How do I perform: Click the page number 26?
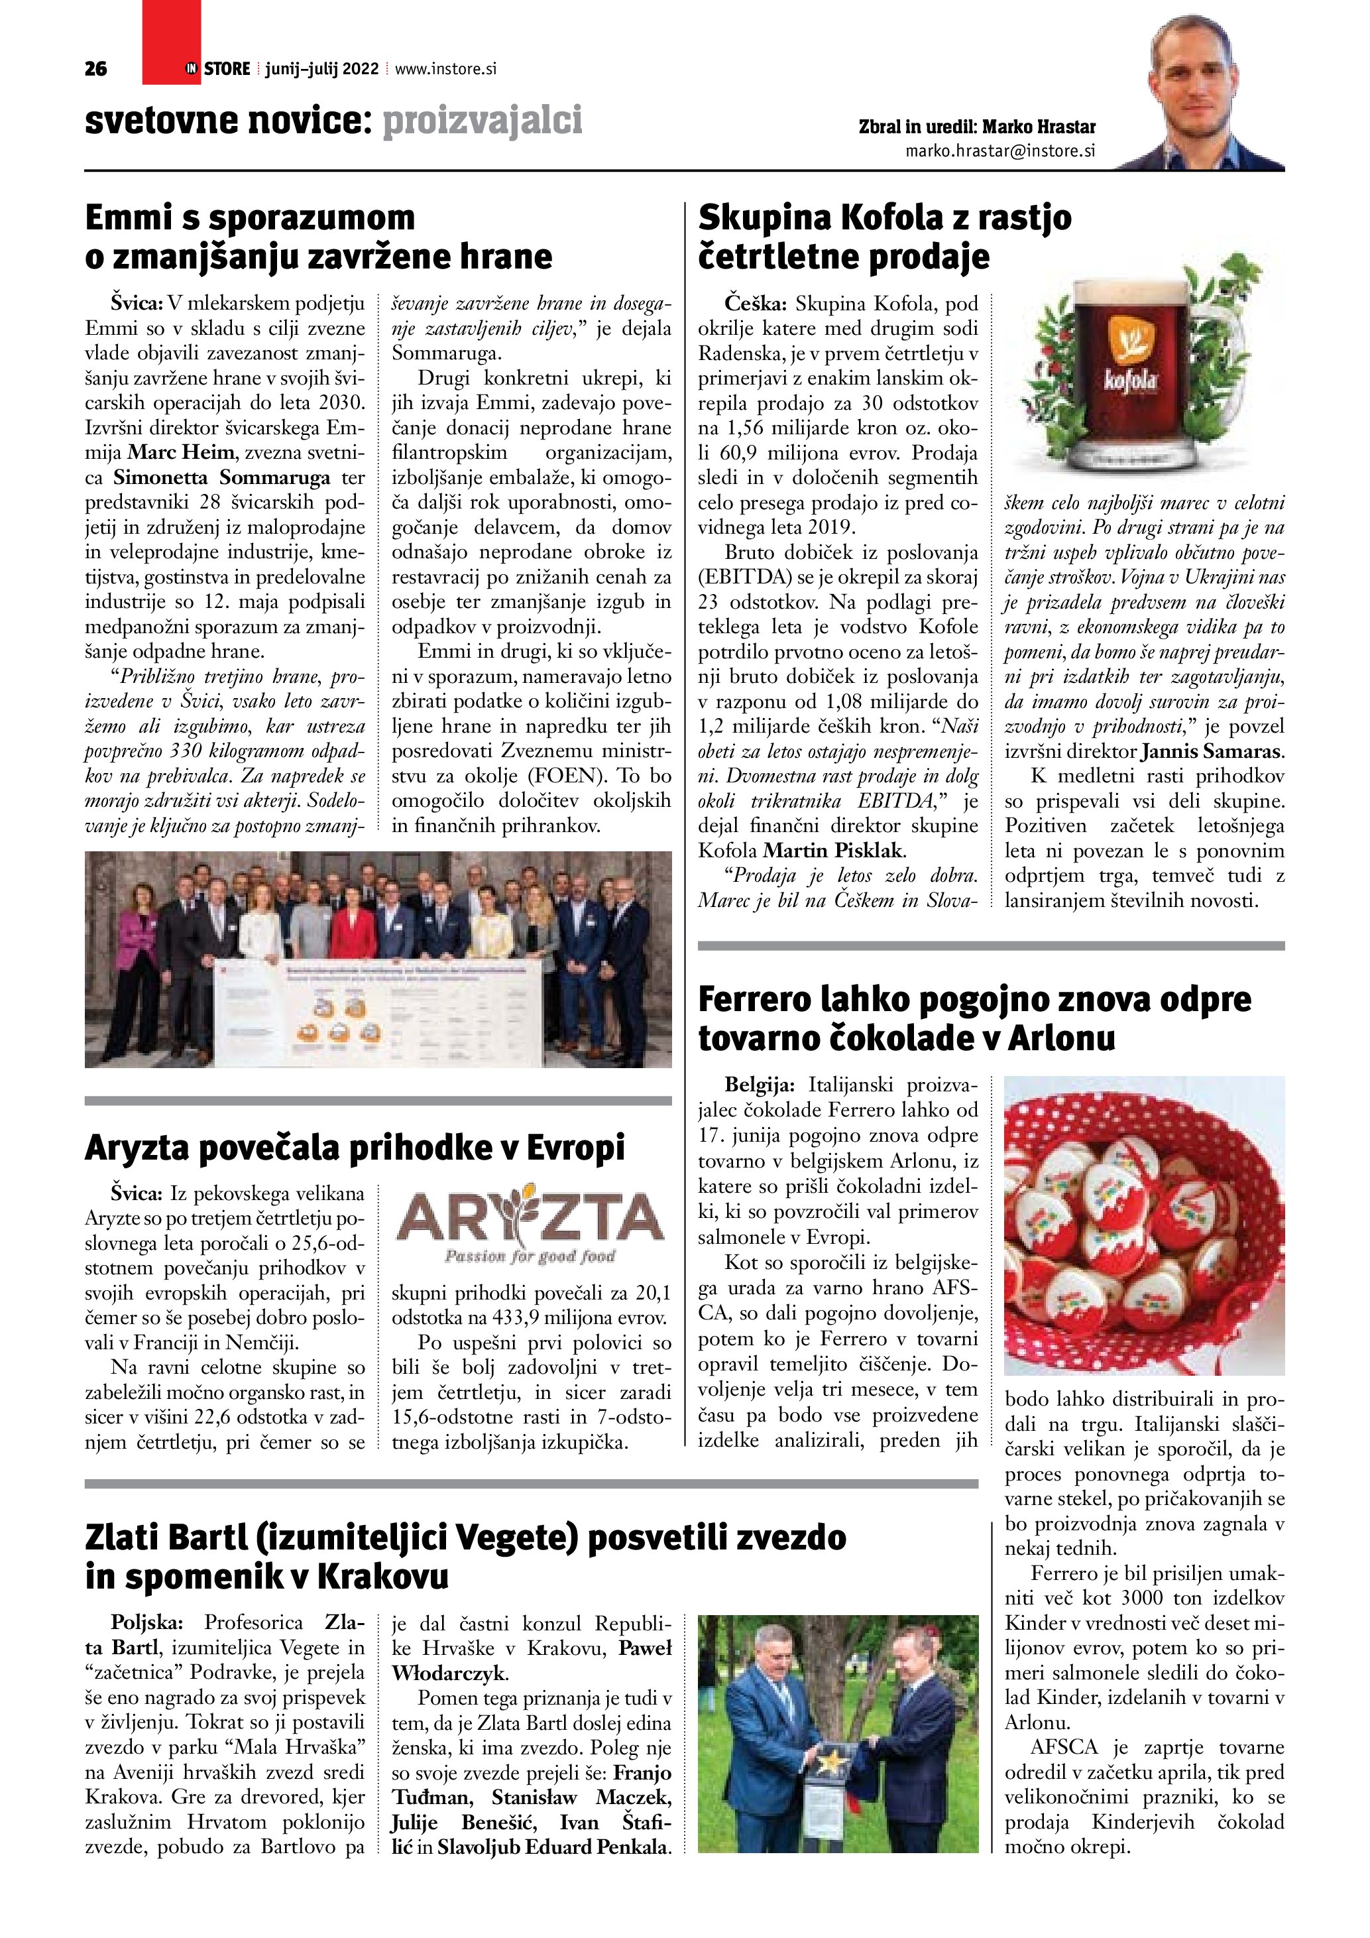tap(96, 69)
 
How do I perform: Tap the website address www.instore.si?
tap(445, 69)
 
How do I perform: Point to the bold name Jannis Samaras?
tap(1212, 751)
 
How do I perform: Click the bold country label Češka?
tap(755, 304)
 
